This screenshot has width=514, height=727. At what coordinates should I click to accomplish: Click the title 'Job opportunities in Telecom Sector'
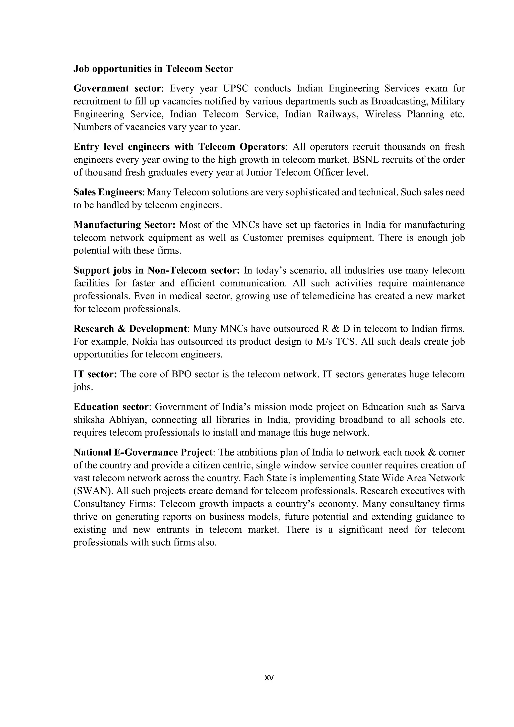pos(153,69)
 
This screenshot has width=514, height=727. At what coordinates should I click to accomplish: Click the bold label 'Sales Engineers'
pos(108,192)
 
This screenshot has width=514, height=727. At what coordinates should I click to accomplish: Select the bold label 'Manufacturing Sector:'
pos(124,225)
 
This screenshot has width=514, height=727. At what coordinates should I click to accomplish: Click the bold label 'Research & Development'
pos(130,329)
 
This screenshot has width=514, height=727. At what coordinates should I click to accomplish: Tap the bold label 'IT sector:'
pos(95,374)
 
